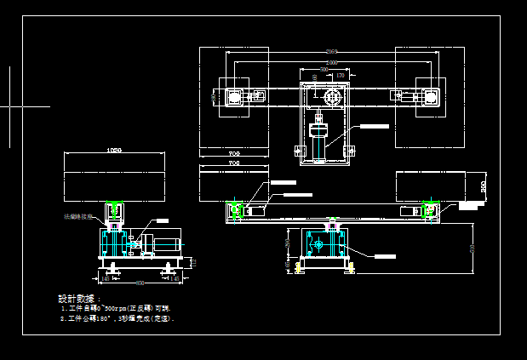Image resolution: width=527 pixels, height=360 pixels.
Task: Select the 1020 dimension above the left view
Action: pos(113,151)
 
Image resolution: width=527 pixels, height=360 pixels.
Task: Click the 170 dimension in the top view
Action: pos(340,76)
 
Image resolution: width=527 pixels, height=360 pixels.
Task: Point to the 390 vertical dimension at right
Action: pos(483,186)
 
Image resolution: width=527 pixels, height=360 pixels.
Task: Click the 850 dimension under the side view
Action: pos(140,282)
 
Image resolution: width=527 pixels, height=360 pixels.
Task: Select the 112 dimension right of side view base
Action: pos(192,263)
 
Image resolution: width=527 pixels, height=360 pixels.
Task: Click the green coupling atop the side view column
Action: pos(113,209)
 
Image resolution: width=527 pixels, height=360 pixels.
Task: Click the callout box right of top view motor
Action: pos(372,126)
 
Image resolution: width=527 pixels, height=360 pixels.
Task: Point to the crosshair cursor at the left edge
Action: pos(10,107)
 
